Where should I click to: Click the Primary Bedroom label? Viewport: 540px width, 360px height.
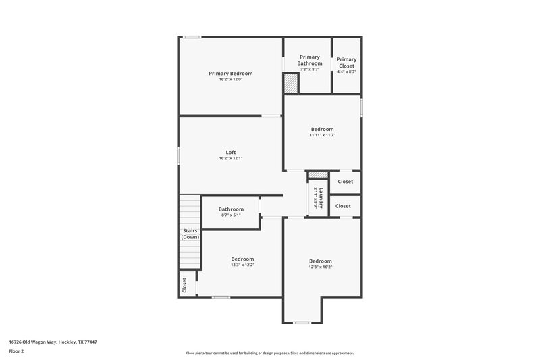230,73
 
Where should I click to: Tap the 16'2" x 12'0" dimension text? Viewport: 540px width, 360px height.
230,80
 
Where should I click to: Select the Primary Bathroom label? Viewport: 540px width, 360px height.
309,60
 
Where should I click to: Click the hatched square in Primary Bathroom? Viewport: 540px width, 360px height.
290,83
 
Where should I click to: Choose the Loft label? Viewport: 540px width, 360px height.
230,152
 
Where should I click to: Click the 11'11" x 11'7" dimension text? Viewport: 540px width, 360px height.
322,135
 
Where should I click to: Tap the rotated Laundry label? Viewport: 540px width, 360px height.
322,199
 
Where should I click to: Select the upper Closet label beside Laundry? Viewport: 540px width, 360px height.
344,182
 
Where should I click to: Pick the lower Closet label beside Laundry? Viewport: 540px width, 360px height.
343,206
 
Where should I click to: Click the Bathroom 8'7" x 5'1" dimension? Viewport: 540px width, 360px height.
231,215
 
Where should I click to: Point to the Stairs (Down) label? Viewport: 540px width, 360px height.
190,234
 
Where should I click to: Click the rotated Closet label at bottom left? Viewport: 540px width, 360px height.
184,285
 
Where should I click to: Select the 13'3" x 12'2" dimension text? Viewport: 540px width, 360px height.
242,265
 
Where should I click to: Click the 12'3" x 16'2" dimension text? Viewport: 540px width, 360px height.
321,267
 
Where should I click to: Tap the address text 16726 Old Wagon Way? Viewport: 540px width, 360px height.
53,342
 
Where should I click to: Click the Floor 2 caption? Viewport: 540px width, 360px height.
17,351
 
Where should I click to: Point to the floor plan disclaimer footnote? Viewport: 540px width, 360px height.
270,353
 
